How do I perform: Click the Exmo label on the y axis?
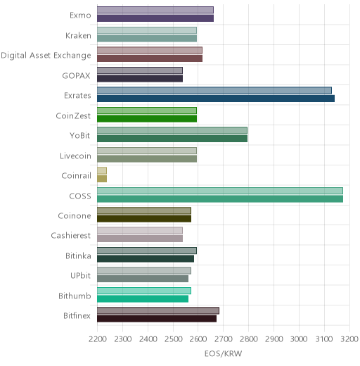pyautogui.click(x=80, y=15)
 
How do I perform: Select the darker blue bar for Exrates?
pyautogui.click(x=216, y=99)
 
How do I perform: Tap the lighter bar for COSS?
pyautogui.click(x=220, y=191)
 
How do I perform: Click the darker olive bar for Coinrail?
pyautogui.click(x=102, y=179)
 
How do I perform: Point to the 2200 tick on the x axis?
pyautogui.click(x=98, y=339)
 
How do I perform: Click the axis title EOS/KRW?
pyautogui.click(x=223, y=353)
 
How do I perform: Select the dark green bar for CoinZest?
pyautogui.click(x=147, y=119)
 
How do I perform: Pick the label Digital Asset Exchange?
pyautogui.click(x=46, y=56)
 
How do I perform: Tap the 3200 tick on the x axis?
pyautogui.click(x=349, y=339)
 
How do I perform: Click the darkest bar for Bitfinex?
pyautogui.click(x=157, y=319)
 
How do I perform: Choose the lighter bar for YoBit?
pyautogui.click(x=172, y=131)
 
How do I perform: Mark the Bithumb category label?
pyautogui.click(x=75, y=296)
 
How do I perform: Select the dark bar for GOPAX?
pyautogui.click(x=140, y=79)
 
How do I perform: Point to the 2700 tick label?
pyautogui.click(x=224, y=339)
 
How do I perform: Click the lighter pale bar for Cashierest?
pyautogui.click(x=140, y=231)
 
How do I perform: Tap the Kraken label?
pyautogui.click(x=78, y=36)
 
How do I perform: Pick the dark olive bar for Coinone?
pyautogui.click(x=144, y=219)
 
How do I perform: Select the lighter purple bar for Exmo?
pyautogui.click(x=155, y=11)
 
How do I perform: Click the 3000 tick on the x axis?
pyautogui.click(x=299, y=339)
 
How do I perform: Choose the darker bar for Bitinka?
pyautogui.click(x=146, y=259)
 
